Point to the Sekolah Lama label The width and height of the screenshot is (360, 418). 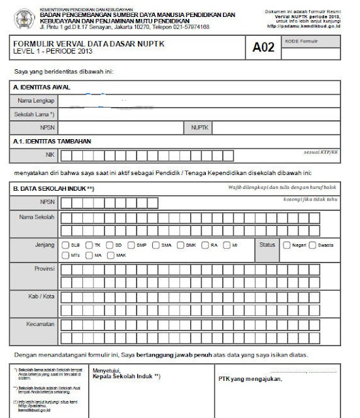click(x=34, y=114)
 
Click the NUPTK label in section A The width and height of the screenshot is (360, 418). click(x=199, y=127)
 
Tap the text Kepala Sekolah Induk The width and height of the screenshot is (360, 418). click(x=131, y=378)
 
